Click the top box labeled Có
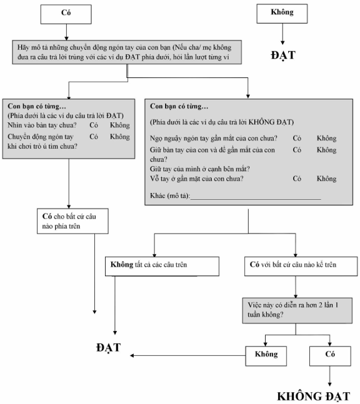66,14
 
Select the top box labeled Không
282,14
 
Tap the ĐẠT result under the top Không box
283,56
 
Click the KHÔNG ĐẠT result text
314,397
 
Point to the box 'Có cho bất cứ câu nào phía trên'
72,221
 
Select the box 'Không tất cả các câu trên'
162,266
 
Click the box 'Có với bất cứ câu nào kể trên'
301,266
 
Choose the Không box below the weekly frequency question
266,356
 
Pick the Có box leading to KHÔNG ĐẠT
330,356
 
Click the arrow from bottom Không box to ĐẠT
187,355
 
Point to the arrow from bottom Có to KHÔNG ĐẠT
330,376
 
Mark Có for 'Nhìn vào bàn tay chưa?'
94,126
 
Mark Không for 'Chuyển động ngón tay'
120,137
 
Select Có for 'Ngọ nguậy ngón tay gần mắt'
297,139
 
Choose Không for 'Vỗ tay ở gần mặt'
327,179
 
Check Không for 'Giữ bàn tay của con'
327,150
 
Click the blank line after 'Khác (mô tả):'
256,199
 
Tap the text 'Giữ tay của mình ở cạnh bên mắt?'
200,169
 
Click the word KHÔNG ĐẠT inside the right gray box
270,122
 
